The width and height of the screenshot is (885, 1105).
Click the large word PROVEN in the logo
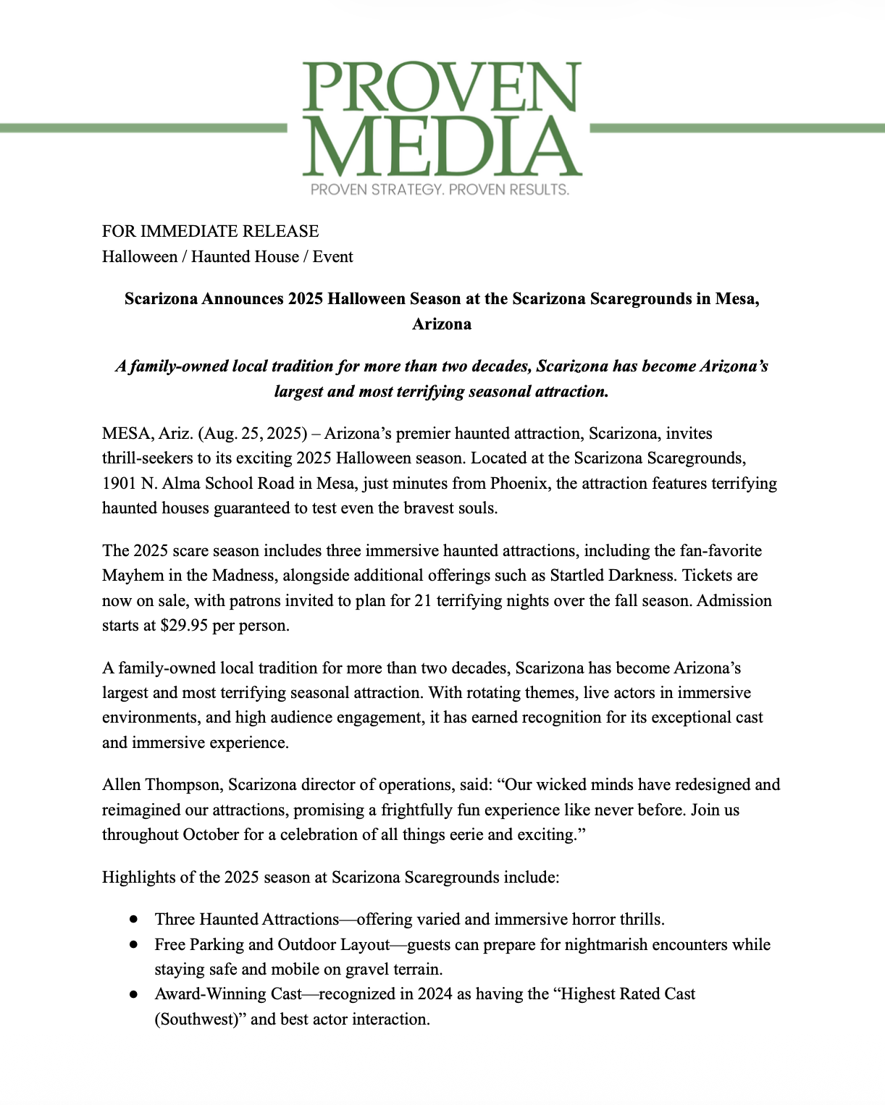pyautogui.click(x=442, y=88)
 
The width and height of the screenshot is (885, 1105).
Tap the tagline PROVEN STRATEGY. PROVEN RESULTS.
pyautogui.click(x=440, y=190)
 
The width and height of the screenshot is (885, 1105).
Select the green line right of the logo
pyautogui.click(x=737, y=128)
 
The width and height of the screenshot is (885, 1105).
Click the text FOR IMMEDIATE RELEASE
pyautogui.click(x=210, y=231)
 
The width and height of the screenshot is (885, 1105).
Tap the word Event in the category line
pyautogui.click(x=332, y=256)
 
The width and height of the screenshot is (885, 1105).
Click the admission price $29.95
pyautogui.click(x=184, y=626)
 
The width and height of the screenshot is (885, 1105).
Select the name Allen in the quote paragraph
pyautogui.click(x=121, y=785)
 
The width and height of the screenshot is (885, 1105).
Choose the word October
pyautogui.click(x=211, y=835)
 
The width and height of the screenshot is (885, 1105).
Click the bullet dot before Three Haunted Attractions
pyautogui.click(x=133, y=920)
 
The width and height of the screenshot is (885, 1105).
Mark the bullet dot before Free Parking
pyautogui.click(x=133, y=945)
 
